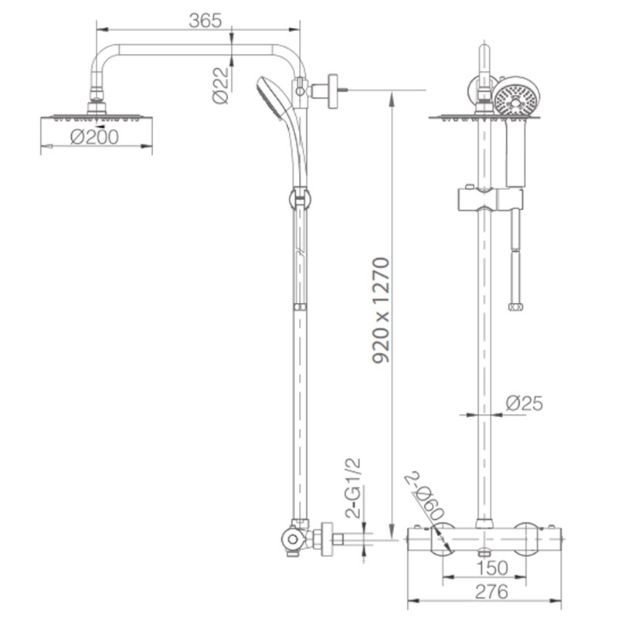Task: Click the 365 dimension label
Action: coord(205,21)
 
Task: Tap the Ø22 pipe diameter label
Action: coord(221,85)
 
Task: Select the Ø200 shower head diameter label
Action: coord(94,137)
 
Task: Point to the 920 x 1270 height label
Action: coord(381,310)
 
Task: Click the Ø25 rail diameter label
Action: coord(525,403)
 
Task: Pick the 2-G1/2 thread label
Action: coord(353,488)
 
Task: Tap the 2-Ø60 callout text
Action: coord(425,496)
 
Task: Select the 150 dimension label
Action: coord(492,568)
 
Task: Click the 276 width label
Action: coord(491,592)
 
